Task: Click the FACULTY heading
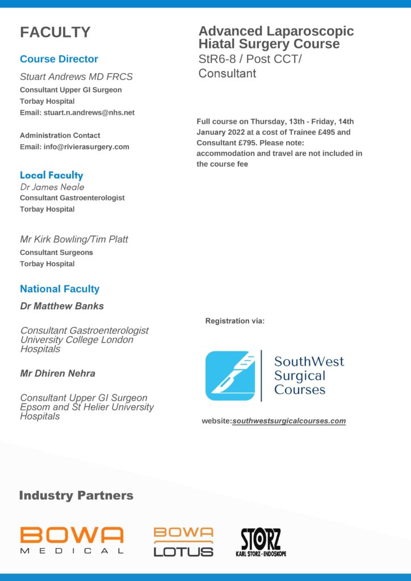[55, 32]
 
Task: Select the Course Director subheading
[59, 59]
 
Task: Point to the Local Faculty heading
[51, 175]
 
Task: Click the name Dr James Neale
[52, 187]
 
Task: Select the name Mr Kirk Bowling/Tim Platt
[74, 239]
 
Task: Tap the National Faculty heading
[60, 289]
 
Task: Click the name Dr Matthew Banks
[62, 306]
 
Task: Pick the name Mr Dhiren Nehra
[58, 373]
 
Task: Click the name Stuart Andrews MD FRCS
[76, 77]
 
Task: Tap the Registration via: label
[235, 321]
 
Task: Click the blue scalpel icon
[230, 376]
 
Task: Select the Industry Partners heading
[76, 495]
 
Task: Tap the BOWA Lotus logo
[183, 541]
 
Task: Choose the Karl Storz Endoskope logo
[261, 542]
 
